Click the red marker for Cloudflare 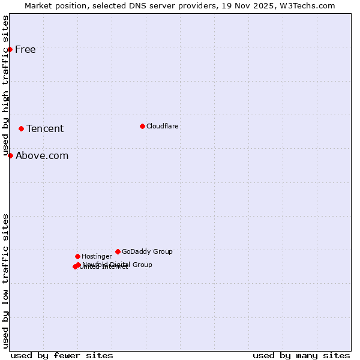point(142,126)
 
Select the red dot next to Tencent point(21,128)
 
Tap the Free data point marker point(10,49)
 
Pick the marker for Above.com point(10,155)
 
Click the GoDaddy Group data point point(118,251)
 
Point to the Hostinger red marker point(77,256)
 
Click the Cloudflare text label point(163,126)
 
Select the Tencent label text point(45,128)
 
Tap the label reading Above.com point(42,155)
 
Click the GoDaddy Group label point(147,251)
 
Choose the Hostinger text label point(97,256)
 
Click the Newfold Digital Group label point(118,264)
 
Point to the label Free point(25,49)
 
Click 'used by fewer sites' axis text point(62,355)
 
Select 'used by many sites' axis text point(301,355)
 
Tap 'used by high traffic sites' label point(5,85)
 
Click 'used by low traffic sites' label point(5,281)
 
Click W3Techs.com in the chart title point(306,5)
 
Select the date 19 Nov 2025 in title point(245,5)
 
